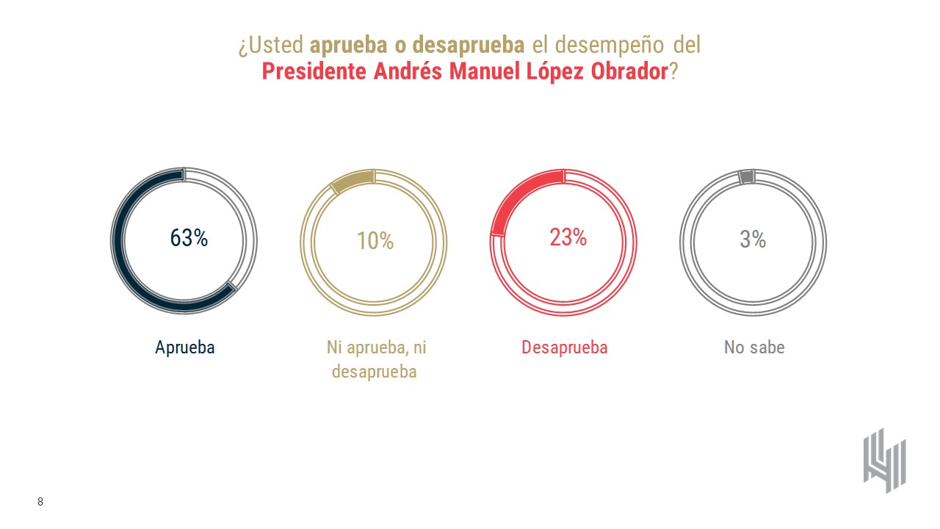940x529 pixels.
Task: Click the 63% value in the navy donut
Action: tap(189, 238)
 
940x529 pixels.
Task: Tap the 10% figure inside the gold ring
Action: tap(375, 241)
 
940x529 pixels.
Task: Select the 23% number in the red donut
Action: tap(568, 237)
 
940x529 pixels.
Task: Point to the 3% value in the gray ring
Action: tap(753, 240)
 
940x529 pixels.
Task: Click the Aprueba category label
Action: tap(185, 348)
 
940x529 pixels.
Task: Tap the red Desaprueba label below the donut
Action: tap(565, 348)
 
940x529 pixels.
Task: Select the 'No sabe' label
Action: tap(754, 348)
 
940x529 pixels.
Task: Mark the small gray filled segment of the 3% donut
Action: tap(746, 176)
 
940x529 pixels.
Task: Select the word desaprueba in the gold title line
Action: tap(469, 45)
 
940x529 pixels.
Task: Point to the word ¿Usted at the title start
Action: tap(270, 45)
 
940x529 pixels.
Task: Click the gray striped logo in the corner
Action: tap(884, 460)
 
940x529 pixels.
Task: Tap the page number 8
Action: tap(40, 502)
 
